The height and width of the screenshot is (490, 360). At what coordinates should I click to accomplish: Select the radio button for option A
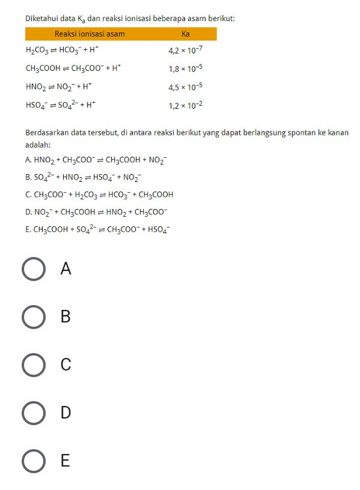tap(33, 269)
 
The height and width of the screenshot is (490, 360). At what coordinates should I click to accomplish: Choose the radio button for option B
tap(33, 317)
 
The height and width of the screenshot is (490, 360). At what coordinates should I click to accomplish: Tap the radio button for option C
tap(33, 365)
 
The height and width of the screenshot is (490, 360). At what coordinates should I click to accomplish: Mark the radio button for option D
tap(33, 413)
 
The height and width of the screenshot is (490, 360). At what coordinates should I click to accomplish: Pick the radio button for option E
tap(33, 461)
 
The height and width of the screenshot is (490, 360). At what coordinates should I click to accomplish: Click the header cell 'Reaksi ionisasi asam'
tap(90, 34)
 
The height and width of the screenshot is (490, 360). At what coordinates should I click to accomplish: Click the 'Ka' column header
tap(185, 34)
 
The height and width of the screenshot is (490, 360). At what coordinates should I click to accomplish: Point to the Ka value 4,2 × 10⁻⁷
tap(185, 51)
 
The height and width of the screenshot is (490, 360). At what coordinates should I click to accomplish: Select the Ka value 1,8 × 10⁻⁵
tap(185, 69)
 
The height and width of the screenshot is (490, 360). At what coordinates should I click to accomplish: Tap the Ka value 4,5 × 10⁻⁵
tap(185, 87)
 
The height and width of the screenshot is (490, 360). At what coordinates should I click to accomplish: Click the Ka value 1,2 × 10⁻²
tap(185, 105)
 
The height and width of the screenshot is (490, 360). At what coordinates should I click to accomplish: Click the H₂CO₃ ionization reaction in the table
tap(61, 51)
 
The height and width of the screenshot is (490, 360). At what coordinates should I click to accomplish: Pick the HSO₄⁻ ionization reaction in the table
tap(61, 105)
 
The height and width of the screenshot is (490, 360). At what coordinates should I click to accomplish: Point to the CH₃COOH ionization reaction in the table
tap(73, 69)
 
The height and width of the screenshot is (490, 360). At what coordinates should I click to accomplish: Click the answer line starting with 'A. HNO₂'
tap(96, 160)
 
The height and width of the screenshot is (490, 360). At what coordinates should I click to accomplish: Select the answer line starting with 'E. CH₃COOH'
tap(98, 229)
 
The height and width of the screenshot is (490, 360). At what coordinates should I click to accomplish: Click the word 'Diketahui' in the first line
tap(40, 19)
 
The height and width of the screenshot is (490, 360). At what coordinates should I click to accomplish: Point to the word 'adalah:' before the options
tap(37, 145)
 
